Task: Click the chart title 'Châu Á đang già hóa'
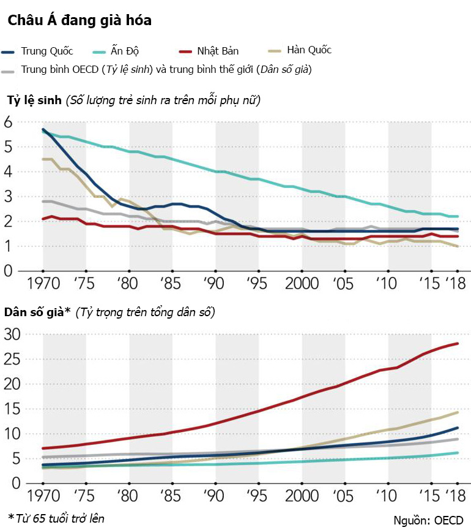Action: point(80,20)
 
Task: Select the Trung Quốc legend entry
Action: point(43,50)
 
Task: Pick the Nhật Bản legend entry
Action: point(217,50)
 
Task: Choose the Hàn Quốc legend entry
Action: point(309,50)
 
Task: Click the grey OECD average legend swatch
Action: point(9,70)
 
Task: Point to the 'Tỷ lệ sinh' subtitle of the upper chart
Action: point(34,100)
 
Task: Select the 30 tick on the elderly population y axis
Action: point(12,334)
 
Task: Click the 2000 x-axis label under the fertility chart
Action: point(302,285)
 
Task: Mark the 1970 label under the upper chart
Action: point(43,285)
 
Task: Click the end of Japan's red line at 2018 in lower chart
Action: point(458,344)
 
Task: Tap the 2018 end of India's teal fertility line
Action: point(458,216)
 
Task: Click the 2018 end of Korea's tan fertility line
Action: point(458,246)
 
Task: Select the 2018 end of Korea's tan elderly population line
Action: point(458,412)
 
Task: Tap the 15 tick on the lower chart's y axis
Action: point(12,409)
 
